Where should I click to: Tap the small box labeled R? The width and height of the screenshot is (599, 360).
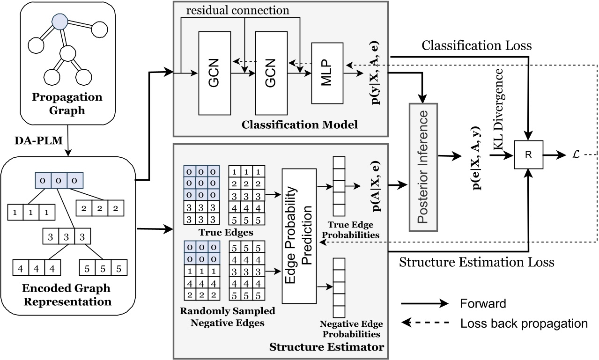(528, 155)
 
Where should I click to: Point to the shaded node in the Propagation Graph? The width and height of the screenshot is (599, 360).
(59, 21)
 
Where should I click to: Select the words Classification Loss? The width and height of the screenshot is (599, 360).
(476, 45)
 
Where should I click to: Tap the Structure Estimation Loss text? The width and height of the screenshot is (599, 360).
(476, 262)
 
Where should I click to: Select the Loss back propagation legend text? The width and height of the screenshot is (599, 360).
(524, 323)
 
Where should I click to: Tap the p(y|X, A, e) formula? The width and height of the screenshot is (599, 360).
(373, 71)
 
